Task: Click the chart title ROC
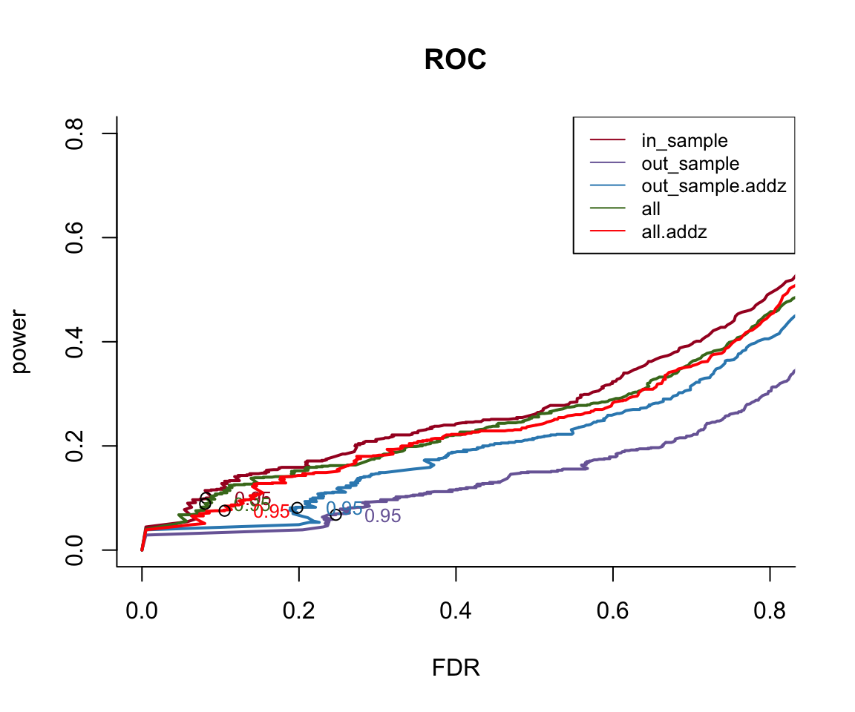pyautogui.click(x=455, y=60)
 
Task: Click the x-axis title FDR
pyautogui.click(x=456, y=668)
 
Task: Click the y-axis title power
pyautogui.click(x=22, y=341)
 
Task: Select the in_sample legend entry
pyautogui.click(x=684, y=139)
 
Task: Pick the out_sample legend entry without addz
pyautogui.click(x=690, y=163)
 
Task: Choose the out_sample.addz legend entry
pyautogui.click(x=713, y=186)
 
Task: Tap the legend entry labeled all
pyautogui.click(x=651, y=209)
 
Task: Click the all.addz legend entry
pyautogui.click(x=674, y=232)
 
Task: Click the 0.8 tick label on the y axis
pyautogui.click(x=75, y=133)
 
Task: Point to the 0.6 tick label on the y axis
pyautogui.click(x=75, y=237)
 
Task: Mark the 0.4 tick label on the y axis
pyautogui.click(x=75, y=342)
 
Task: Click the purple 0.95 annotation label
pyautogui.click(x=383, y=516)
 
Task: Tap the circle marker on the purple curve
pyautogui.click(x=335, y=515)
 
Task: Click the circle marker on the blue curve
pyautogui.click(x=297, y=508)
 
